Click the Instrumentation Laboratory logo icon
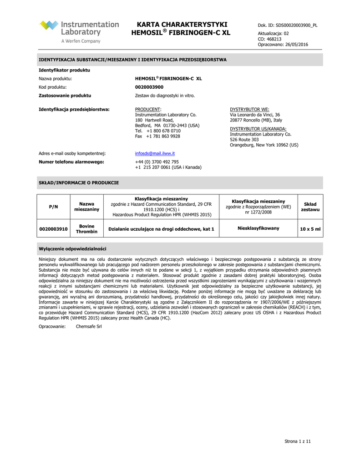pos(49,26)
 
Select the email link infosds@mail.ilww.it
pos(155,153)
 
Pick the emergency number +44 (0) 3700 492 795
pos(157,162)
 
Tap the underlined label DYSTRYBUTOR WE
pos(249,109)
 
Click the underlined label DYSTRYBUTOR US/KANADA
pos(255,129)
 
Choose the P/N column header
pos(53,207)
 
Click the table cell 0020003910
pos(53,229)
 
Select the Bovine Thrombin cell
pos(86,229)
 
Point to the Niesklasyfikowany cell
pos(259,228)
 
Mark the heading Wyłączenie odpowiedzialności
pos(72,249)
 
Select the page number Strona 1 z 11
pos(298,441)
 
